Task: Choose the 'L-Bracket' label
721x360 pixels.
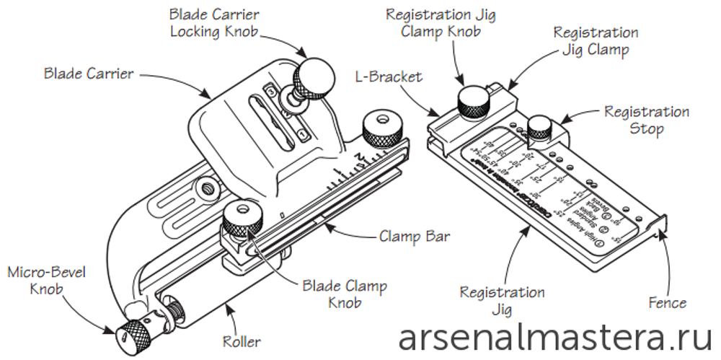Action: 390,75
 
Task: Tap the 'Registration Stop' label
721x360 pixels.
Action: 646,120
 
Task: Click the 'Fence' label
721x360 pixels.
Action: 668,302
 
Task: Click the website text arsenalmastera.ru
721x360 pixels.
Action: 555,338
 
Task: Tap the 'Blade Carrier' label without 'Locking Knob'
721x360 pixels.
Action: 89,74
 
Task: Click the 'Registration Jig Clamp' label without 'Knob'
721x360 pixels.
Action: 595,41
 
